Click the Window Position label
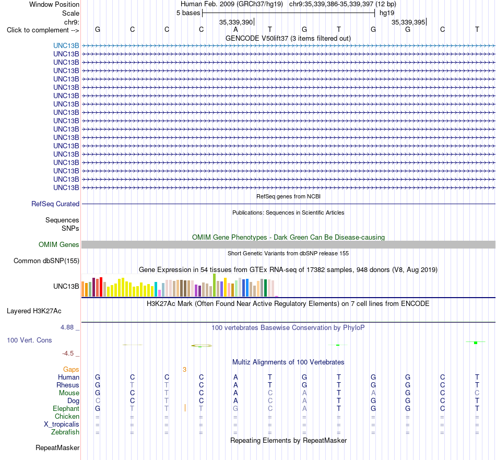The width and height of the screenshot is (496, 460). [54, 4]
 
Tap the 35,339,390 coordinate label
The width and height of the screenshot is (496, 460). [236, 22]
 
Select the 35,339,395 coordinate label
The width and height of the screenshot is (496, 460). [408, 22]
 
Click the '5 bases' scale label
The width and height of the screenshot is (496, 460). [188, 13]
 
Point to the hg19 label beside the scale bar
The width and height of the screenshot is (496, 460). [387, 13]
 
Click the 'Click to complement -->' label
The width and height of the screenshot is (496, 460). [43, 30]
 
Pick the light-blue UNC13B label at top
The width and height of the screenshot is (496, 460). [66, 45]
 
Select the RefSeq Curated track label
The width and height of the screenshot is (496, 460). [55, 204]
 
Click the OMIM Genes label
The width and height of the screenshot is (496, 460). [59, 244]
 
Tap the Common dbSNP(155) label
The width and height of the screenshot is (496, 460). [46, 261]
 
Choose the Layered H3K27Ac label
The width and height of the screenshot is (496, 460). [34, 311]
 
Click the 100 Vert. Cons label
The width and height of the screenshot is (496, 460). [29, 340]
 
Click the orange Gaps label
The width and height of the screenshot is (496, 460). [71, 369]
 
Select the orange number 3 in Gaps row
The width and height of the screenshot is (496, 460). [184, 369]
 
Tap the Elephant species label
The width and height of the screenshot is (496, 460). [66, 408]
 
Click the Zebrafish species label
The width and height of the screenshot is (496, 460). [65, 432]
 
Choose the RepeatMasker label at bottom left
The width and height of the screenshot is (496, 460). [57, 447]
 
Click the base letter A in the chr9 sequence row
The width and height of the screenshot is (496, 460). [235, 29]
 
